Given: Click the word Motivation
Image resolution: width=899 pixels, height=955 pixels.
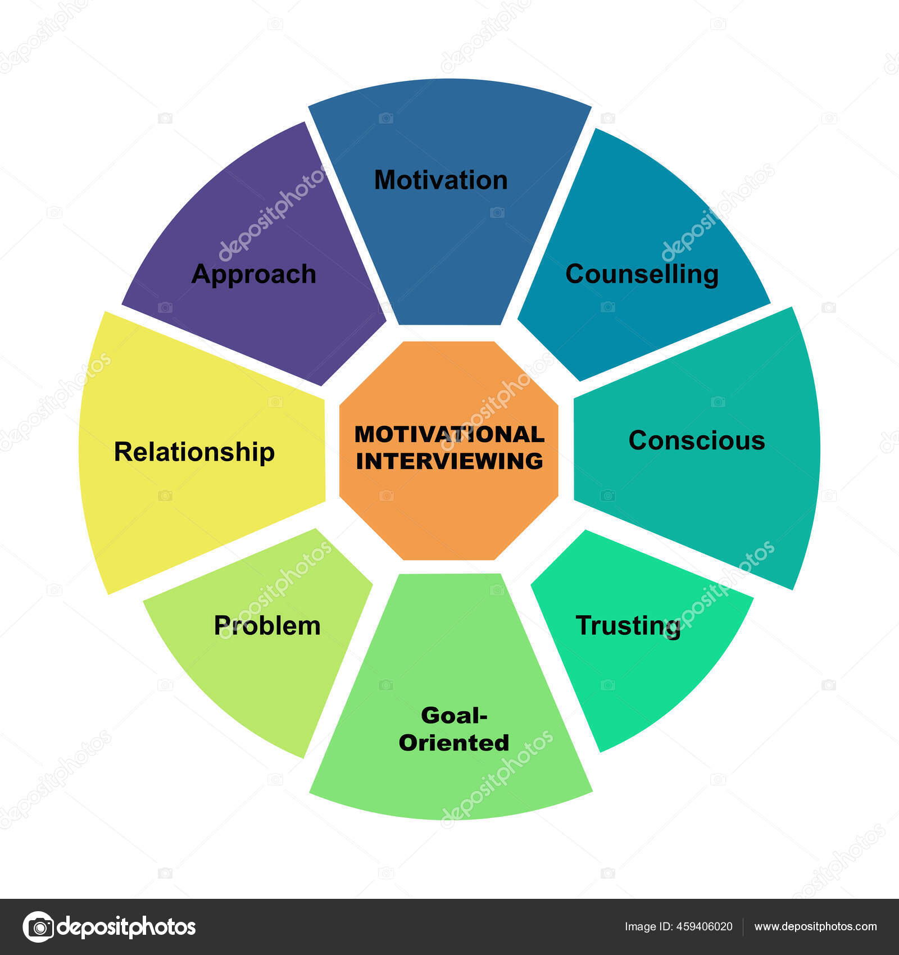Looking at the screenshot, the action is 441,180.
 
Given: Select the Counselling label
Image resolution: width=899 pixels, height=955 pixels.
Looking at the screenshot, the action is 642,274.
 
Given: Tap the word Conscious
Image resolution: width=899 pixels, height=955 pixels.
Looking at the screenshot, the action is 697,440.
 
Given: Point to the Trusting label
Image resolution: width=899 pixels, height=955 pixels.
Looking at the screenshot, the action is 628,626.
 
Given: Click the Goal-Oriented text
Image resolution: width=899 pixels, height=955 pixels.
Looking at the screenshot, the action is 454,729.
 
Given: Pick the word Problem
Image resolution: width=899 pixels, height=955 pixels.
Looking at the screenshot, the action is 267,626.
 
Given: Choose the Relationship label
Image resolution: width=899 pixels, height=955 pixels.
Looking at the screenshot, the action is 194,452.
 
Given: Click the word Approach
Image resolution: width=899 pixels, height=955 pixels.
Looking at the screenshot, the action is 254,274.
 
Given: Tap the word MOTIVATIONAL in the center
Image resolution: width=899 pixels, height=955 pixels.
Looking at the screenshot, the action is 449,434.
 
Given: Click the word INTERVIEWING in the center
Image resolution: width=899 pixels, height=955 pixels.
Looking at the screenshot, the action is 449,461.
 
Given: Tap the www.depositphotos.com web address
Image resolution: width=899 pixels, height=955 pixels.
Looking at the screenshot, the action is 815,926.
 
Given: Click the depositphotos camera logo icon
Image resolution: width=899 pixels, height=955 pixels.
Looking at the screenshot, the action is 38,926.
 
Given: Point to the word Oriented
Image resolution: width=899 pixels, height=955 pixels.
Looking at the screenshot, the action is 454,743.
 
